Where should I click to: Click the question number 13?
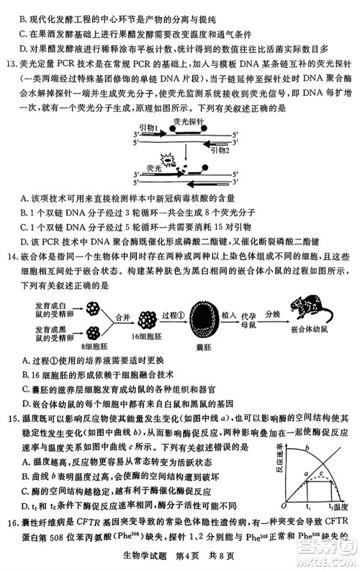coord(9,63)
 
